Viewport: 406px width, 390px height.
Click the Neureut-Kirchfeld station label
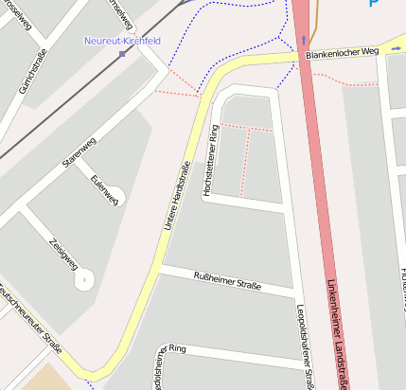122,41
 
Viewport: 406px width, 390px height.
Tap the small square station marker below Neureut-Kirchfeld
122,54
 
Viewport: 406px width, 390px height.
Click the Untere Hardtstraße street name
176,196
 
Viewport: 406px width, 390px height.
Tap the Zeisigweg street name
62,253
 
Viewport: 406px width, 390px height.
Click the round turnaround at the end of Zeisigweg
84,279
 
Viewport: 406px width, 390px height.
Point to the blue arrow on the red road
303,40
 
